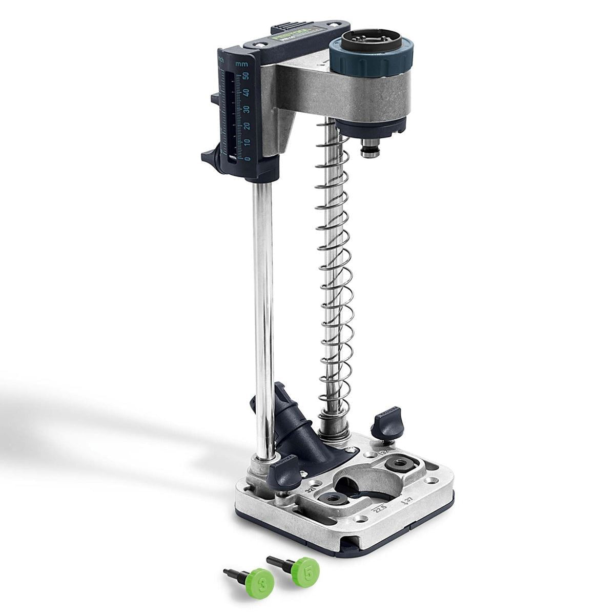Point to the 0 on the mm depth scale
pos(248,158)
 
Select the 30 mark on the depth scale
pos(247,109)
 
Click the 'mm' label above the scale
pos(241,64)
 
